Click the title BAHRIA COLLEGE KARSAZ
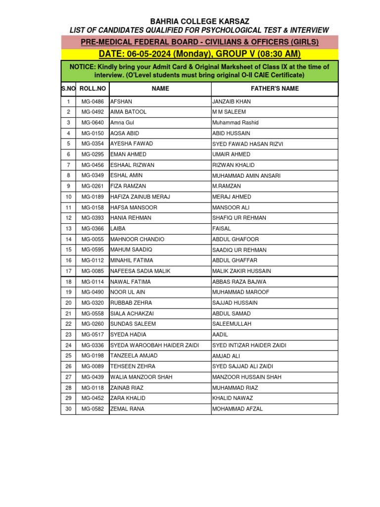point(199,21)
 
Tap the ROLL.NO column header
point(93,89)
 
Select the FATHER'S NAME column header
point(275,89)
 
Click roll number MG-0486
point(93,101)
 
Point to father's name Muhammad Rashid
point(235,123)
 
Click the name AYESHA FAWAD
point(132,144)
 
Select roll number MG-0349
point(93,176)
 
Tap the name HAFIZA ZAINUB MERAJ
point(140,197)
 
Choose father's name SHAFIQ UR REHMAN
point(239,218)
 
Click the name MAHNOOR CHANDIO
point(137,239)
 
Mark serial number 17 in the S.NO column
point(68,271)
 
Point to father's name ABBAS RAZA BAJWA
point(239,282)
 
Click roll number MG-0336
point(93,345)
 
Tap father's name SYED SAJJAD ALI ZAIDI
point(242,366)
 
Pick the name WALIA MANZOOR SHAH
point(141,377)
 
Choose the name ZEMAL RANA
point(127,409)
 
